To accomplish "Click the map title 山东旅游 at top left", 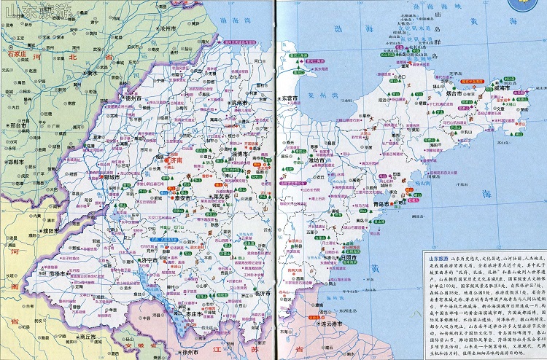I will click(32, 11).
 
